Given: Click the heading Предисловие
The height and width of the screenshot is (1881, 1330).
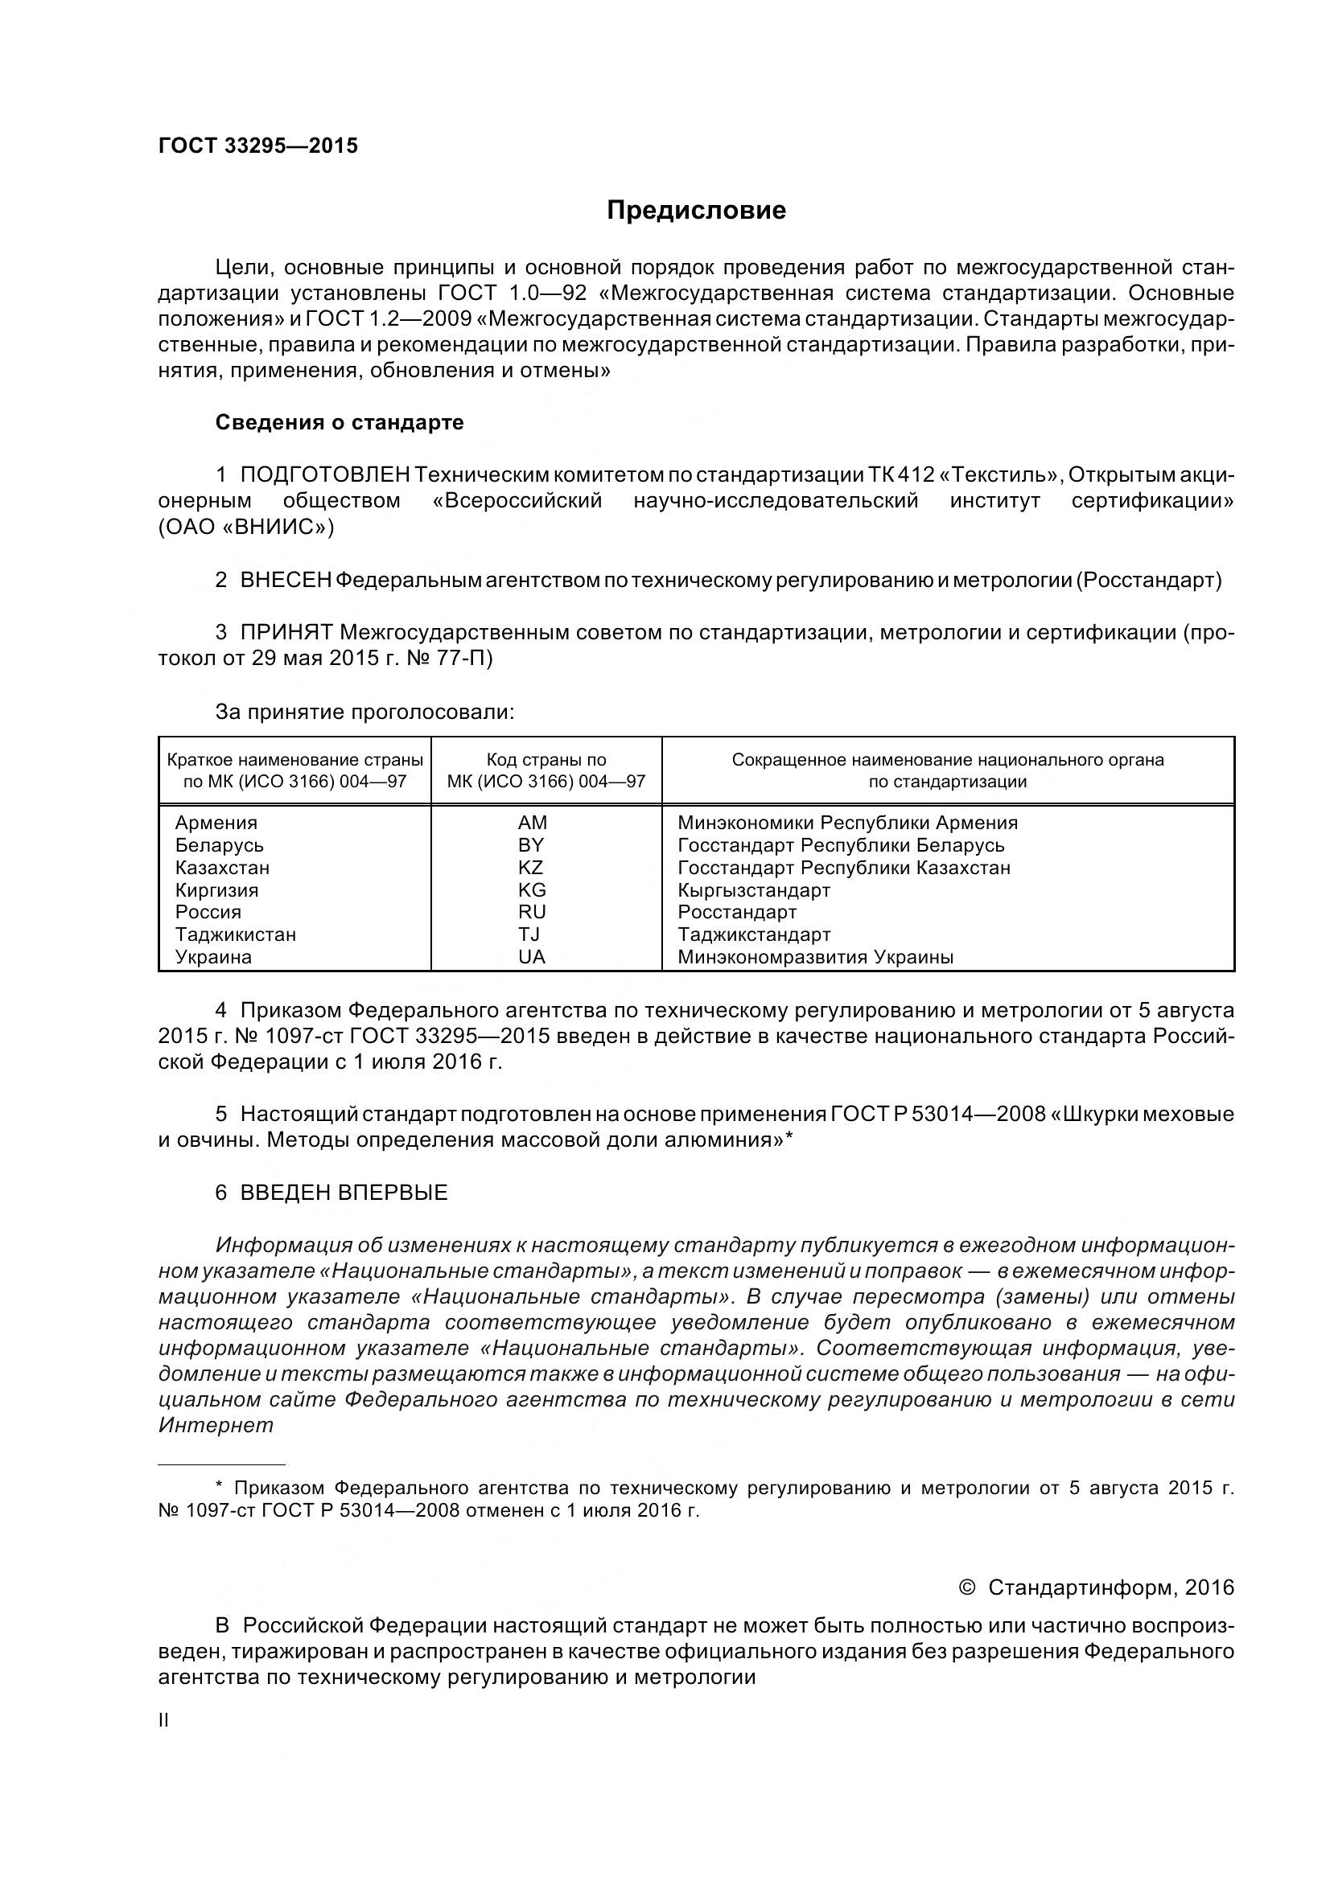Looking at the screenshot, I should [x=696, y=211].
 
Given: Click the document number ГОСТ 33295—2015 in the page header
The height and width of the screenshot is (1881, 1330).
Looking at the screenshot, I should [x=258, y=146].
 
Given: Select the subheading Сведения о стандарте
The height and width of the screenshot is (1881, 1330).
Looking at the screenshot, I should [x=340, y=423].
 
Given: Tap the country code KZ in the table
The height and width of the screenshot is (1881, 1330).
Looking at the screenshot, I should [x=531, y=868].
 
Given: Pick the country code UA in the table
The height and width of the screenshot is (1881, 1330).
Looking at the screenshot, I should [x=532, y=957].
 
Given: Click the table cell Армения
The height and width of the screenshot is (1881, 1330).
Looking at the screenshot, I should [x=216, y=823].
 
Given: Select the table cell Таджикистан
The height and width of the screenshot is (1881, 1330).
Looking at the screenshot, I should [x=236, y=934].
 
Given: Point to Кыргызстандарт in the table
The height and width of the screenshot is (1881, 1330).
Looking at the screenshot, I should [x=754, y=890].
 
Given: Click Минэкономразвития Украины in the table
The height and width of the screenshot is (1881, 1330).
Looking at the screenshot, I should [x=815, y=957].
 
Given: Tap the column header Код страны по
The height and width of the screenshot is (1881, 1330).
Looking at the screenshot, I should [x=546, y=760].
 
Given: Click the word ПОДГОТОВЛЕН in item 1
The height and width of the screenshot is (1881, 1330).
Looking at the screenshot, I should [x=324, y=475].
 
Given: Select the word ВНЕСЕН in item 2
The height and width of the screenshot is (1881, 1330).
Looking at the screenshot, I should [x=285, y=581].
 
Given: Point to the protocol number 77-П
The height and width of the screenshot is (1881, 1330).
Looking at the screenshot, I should [x=469, y=659].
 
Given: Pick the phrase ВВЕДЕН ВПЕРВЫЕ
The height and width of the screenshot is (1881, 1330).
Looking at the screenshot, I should [x=344, y=1193].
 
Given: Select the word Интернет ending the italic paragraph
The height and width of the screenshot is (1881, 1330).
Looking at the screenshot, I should [x=216, y=1426].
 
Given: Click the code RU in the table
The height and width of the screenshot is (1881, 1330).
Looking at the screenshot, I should [x=532, y=913].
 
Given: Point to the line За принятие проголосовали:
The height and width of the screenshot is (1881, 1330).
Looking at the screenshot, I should [x=364, y=712].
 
